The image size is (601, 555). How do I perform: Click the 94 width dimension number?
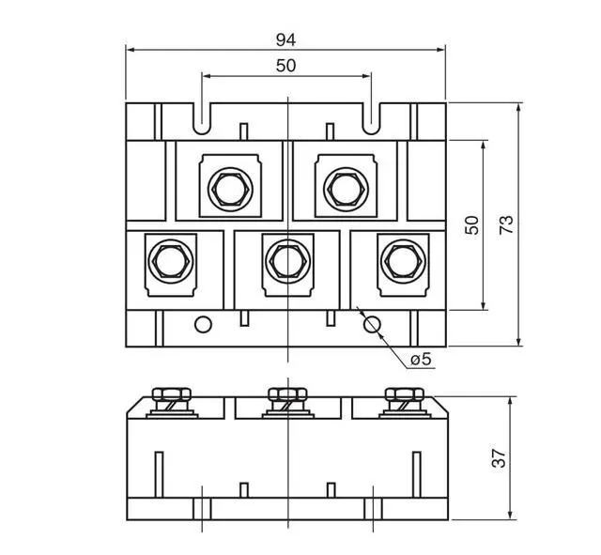tap(285, 39)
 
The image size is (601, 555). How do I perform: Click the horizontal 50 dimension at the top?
tap(285, 66)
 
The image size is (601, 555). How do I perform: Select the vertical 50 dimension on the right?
tap(471, 225)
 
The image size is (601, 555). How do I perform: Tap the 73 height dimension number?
tap(506, 225)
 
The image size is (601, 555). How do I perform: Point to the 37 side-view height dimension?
tap(499, 457)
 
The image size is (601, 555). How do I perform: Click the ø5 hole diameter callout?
tap(421, 360)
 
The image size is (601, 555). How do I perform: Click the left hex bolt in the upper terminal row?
tap(230, 190)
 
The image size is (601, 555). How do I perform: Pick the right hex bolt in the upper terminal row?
tap(347, 190)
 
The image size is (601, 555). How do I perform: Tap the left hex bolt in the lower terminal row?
tap(171, 261)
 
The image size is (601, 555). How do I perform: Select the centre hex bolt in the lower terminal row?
tap(288, 261)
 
